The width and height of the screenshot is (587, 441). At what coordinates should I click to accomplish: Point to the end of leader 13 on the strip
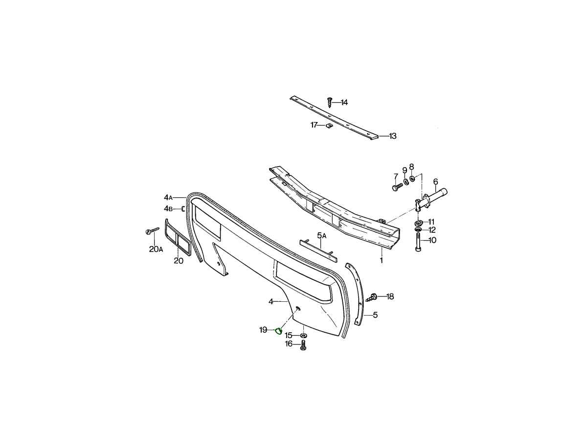click(379, 136)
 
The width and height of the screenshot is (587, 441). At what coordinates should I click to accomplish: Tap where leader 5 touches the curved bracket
click(364, 315)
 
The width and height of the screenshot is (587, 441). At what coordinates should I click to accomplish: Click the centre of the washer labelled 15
click(303, 336)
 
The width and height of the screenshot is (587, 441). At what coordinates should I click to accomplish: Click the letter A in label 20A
click(160, 250)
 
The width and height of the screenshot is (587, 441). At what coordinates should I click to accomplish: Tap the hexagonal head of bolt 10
click(418, 249)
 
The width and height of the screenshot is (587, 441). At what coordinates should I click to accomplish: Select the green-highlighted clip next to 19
click(279, 331)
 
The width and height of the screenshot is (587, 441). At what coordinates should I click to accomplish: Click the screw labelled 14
click(330, 102)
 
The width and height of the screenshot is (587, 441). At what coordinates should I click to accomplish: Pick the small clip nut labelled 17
click(329, 125)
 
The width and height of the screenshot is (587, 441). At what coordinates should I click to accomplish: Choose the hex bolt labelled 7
click(397, 187)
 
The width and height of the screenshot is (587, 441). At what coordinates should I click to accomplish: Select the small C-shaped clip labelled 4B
click(183, 209)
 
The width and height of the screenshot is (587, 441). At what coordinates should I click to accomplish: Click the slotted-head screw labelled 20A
click(152, 230)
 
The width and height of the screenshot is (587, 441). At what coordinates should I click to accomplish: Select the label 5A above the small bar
click(322, 236)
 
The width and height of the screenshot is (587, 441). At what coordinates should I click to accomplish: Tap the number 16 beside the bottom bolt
click(289, 344)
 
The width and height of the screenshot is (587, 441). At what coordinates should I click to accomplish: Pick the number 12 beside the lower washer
click(432, 230)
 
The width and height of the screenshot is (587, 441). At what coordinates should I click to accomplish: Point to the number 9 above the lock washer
click(405, 171)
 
